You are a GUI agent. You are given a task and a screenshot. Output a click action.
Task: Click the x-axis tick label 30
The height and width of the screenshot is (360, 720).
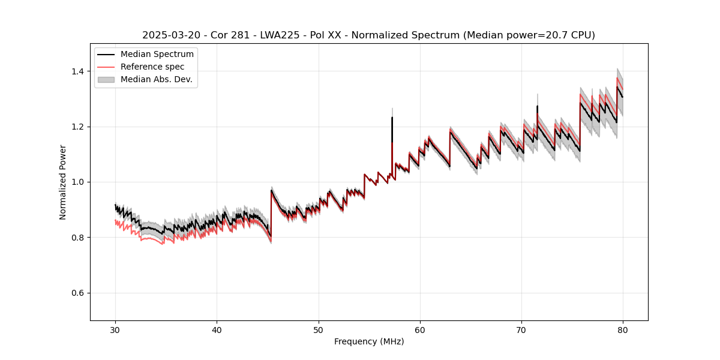[x=115, y=330]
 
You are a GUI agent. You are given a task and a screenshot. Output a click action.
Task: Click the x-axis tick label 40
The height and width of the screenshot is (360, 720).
[x=217, y=330]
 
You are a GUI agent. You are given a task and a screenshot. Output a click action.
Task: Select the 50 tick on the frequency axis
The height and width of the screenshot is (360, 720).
[x=318, y=330]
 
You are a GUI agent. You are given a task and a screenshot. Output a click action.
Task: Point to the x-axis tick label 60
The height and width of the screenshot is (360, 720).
[x=419, y=330]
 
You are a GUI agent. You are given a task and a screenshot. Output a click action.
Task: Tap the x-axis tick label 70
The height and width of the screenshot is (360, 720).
[x=521, y=330]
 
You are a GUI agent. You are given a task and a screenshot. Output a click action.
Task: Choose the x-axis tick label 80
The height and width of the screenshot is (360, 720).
[x=622, y=330]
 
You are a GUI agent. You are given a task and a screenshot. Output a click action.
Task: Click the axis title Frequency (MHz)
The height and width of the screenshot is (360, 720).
[x=369, y=341]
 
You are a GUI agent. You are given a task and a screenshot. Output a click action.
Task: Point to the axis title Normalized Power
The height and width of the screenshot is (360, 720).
[x=62, y=182]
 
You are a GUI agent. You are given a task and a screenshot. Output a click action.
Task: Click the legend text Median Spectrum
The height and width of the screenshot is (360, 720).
[x=157, y=55]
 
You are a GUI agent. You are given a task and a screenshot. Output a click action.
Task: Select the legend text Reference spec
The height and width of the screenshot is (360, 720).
[x=152, y=67]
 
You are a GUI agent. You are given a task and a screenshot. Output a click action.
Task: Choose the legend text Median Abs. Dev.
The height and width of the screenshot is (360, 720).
[x=156, y=79]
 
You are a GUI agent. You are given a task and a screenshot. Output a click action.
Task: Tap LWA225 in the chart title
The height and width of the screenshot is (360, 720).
[x=280, y=35]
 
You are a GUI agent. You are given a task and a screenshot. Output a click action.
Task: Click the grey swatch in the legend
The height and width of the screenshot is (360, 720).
[x=107, y=79]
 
